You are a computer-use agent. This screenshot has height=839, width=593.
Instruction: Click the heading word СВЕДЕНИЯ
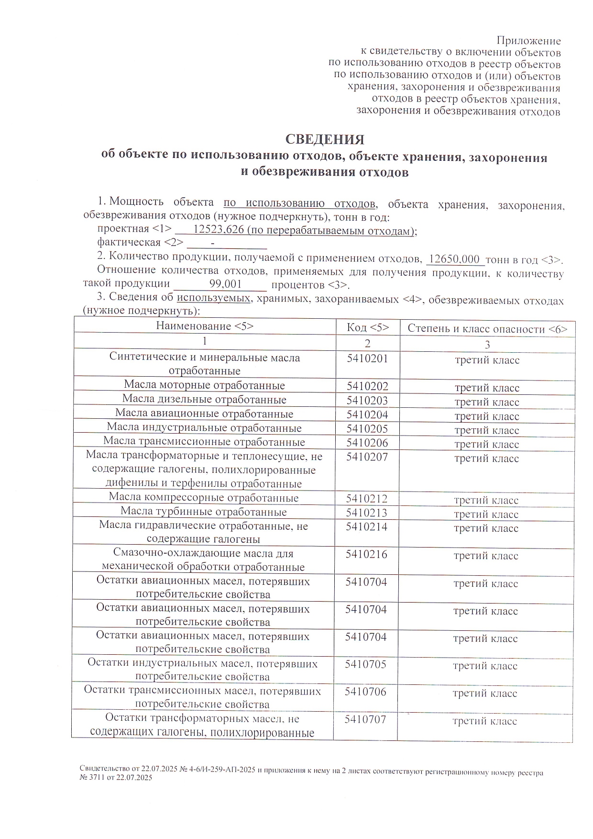click(325, 140)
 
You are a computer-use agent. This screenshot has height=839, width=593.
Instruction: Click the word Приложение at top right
click(528, 41)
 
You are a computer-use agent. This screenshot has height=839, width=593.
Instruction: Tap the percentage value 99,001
click(225, 284)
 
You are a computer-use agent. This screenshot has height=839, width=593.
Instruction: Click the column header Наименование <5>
click(205, 326)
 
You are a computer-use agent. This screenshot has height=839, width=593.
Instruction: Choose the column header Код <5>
click(367, 327)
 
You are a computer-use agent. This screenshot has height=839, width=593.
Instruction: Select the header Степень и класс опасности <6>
click(487, 329)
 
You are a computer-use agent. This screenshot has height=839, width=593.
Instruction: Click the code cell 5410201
click(367, 358)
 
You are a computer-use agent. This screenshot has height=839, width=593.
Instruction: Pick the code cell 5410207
click(367, 457)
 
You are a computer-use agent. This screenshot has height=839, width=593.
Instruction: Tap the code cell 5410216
click(366, 554)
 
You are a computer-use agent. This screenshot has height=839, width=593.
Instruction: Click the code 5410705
click(365, 664)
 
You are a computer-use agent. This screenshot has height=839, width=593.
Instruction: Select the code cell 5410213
click(366, 513)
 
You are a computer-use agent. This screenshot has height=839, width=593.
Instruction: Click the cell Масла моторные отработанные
click(204, 385)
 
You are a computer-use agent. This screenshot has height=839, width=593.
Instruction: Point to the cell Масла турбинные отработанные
click(204, 512)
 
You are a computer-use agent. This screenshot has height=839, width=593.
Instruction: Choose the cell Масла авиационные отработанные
click(204, 414)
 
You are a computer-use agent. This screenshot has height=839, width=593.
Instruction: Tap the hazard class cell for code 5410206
click(486, 445)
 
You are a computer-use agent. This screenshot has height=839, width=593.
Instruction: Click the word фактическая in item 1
click(129, 243)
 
